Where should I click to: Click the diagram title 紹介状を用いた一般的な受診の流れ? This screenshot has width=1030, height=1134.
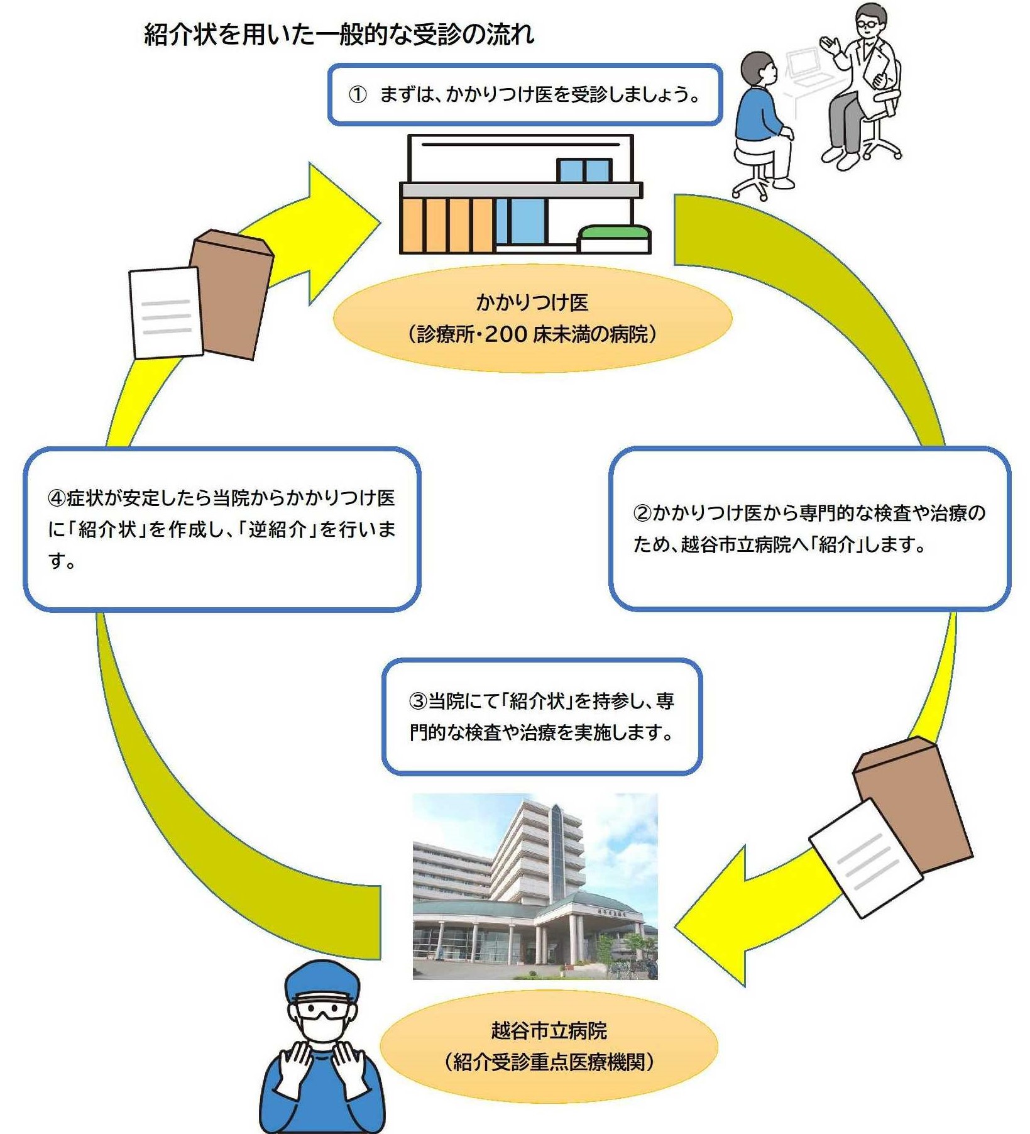tap(339, 34)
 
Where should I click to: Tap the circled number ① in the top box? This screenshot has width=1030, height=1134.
tap(358, 95)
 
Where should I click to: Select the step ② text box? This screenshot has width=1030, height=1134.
tap(809, 528)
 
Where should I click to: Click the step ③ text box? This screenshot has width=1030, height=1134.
tap(542, 716)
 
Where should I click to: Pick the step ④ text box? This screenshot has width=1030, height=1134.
tap(221, 529)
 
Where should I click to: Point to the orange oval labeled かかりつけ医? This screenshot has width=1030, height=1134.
tap(532, 318)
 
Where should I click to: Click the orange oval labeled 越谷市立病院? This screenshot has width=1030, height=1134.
tap(549, 1047)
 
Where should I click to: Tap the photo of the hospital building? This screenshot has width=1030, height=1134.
tap(535, 886)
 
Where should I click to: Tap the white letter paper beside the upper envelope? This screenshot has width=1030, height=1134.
tap(165, 312)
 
